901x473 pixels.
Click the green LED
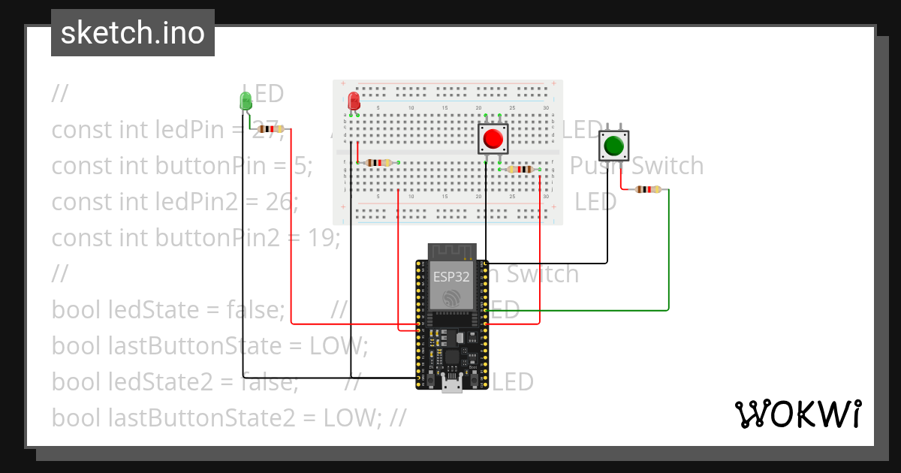[245, 101]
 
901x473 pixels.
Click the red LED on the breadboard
[354, 101]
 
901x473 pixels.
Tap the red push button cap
[493, 139]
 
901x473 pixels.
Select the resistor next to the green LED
[270, 129]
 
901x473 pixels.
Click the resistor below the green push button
[648, 189]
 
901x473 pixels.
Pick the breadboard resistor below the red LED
[378, 162]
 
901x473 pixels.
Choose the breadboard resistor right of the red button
[521, 169]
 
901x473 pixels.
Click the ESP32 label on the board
[451, 276]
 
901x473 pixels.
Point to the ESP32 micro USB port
[451, 384]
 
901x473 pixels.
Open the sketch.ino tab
[133, 33]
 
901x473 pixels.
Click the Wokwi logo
[797, 414]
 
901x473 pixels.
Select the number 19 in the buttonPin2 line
[324, 238]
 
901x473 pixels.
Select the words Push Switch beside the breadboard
[637, 166]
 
